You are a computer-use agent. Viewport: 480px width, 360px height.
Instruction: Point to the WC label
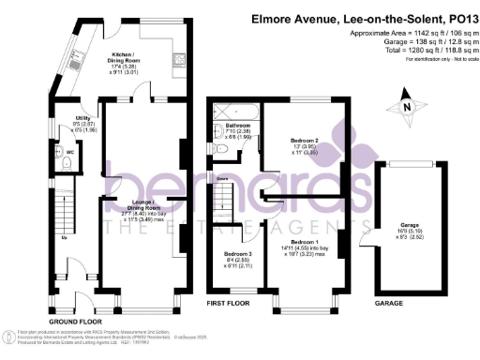point(69,152)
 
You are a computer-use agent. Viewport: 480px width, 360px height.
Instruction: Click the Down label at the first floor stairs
point(223,178)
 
